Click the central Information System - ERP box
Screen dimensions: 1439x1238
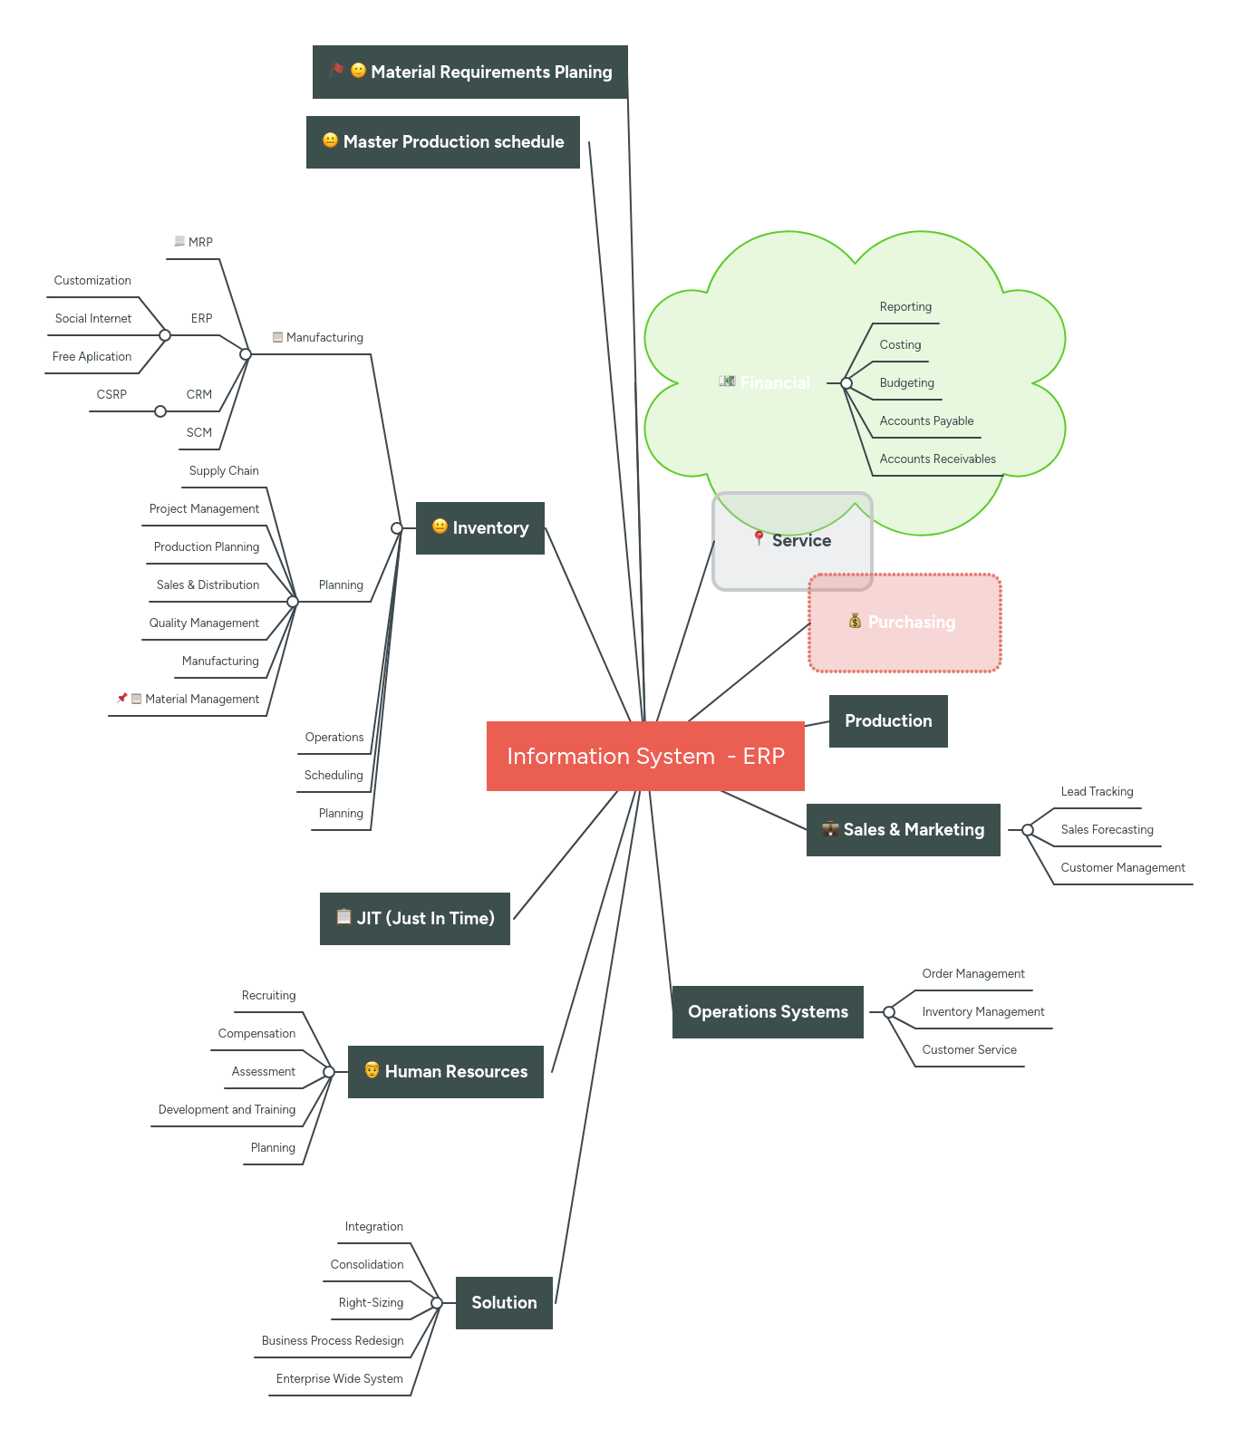(x=644, y=756)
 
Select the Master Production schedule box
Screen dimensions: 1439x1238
(x=442, y=142)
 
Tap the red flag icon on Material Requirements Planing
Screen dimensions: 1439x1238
(x=337, y=70)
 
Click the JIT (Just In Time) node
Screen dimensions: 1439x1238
(x=415, y=918)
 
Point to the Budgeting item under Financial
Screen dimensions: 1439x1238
(x=906, y=382)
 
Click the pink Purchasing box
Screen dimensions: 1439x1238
(x=904, y=623)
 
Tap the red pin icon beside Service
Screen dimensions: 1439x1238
(x=759, y=538)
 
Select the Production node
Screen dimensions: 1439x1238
(x=888, y=720)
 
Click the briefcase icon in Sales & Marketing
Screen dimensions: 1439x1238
(x=830, y=828)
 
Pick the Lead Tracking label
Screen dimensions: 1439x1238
(x=1097, y=791)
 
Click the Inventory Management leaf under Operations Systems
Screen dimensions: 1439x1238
(x=982, y=1011)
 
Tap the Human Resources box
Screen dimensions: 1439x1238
(x=446, y=1071)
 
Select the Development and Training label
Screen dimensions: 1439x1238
(x=227, y=1109)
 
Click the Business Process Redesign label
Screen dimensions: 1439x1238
(x=333, y=1340)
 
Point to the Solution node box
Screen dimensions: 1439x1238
(x=504, y=1302)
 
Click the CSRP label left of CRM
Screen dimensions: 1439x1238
(x=111, y=394)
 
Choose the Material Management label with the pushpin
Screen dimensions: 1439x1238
(x=201, y=699)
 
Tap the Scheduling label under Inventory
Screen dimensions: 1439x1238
(x=334, y=775)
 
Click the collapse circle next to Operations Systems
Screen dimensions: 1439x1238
(x=889, y=1012)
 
